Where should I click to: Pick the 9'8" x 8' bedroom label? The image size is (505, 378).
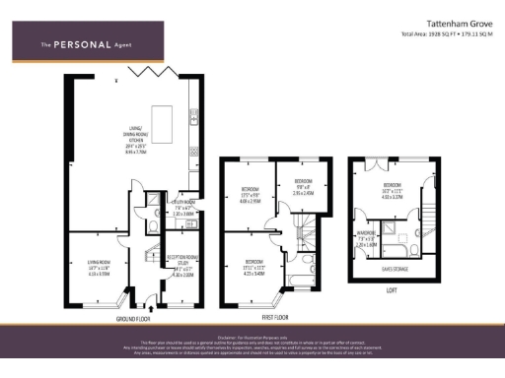pyautogui.click(x=301, y=188)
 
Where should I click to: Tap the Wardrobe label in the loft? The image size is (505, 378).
pyautogui.click(x=365, y=239)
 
